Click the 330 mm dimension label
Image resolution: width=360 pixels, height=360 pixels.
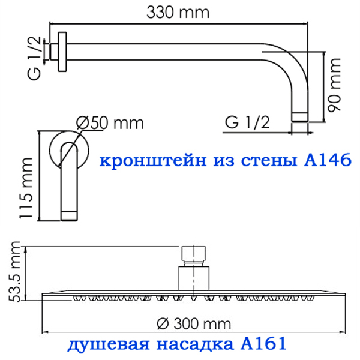[x=178, y=12]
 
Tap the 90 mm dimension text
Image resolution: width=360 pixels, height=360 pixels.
[x=334, y=85]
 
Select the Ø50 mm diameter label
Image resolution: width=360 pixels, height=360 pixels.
[x=110, y=123]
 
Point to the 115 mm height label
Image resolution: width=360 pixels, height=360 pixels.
[x=26, y=188]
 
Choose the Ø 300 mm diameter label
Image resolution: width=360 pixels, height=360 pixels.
[x=194, y=324]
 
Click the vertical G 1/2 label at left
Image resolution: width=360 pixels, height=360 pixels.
[x=34, y=58]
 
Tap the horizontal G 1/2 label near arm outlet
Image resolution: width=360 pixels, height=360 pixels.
[x=247, y=122]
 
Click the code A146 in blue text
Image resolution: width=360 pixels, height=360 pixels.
[x=328, y=160]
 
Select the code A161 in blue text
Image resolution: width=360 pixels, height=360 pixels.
[x=263, y=343]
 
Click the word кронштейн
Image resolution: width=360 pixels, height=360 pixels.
[x=153, y=160]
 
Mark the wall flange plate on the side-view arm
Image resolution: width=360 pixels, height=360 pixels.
[x=62, y=52]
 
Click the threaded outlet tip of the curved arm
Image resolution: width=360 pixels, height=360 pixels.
[x=299, y=117]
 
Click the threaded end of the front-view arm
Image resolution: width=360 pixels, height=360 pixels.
[x=69, y=216]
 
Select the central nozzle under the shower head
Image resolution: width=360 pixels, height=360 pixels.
[x=194, y=298]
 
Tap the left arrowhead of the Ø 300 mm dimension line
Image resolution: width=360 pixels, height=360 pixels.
[x=45, y=332]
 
